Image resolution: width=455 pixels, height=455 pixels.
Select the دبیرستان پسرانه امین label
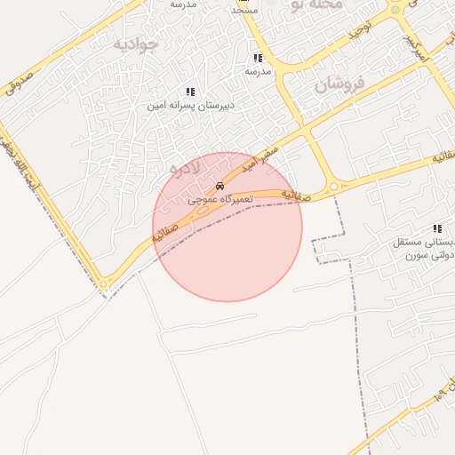click(x=190, y=105)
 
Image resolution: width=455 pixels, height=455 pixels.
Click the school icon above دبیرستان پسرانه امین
click(x=190, y=92)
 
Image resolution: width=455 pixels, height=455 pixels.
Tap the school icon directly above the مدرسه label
click(x=258, y=58)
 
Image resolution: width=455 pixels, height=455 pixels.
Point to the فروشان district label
click(x=339, y=84)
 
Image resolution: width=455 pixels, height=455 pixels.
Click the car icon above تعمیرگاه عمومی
click(x=220, y=187)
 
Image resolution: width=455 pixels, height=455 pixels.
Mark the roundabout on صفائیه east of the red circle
click(x=333, y=187)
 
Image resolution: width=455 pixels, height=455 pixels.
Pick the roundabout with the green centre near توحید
click(x=395, y=10)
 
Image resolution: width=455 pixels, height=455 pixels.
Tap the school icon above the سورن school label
click(x=435, y=228)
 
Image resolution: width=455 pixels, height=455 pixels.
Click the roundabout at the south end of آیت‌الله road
click(x=104, y=285)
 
